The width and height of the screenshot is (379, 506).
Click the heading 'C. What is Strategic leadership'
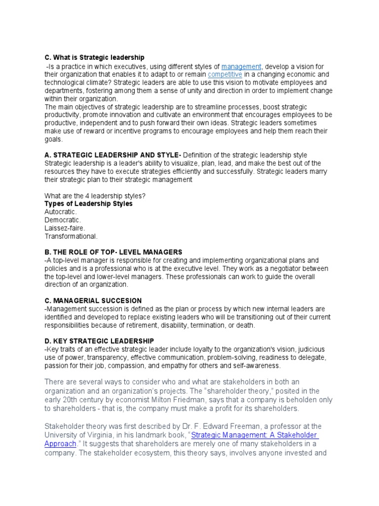click(94, 58)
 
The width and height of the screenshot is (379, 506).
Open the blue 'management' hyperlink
click(241, 67)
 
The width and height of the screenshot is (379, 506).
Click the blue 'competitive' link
click(225, 75)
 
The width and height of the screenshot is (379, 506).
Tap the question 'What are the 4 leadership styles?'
click(95, 196)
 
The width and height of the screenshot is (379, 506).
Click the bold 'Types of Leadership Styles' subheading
click(88, 204)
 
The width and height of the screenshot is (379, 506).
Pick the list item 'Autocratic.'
click(61, 211)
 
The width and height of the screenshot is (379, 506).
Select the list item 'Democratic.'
click(63, 220)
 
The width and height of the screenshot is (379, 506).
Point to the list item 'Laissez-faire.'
click(65, 228)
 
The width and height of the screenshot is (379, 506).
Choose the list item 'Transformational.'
click(71, 236)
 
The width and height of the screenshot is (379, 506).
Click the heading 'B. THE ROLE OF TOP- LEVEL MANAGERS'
click(113, 252)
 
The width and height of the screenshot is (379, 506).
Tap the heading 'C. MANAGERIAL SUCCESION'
click(93, 300)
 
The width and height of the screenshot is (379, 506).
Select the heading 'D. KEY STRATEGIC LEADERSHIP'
click(99, 341)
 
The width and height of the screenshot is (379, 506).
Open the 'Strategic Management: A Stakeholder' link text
click(254, 435)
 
